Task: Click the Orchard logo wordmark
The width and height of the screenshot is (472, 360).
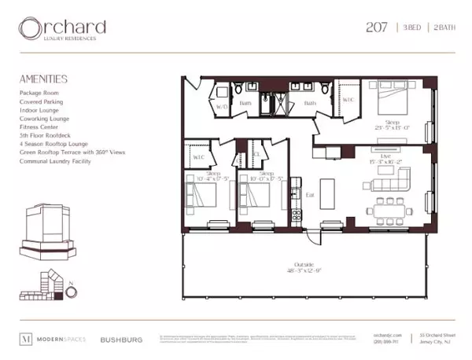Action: click(62, 29)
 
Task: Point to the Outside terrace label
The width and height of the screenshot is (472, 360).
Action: click(303, 264)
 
